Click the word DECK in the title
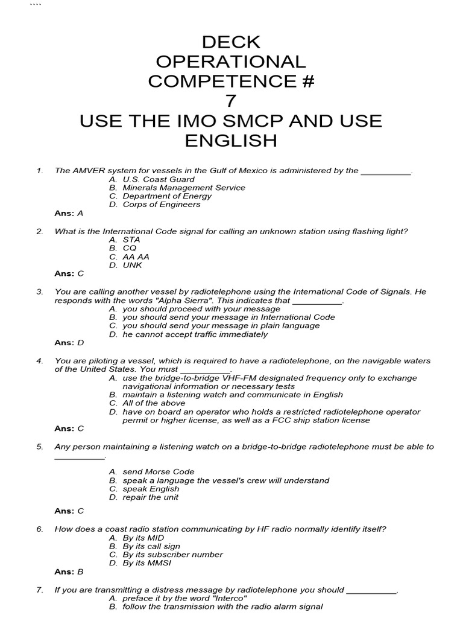click(x=231, y=42)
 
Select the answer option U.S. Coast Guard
click(x=158, y=179)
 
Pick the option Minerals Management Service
click(x=184, y=188)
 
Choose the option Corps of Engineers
click(x=161, y=205)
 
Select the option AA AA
click(x=136, y=256)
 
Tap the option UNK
click(x=132, y=265)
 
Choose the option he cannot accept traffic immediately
click(x=195, y=334)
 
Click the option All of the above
click(x=154, y=403)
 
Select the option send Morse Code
click(x=159, y=472)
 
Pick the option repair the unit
click(x=150, y=497)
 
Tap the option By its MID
click(x=143, y=538)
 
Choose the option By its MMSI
click(x=146, y=563)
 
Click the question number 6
click(x=40, y=529)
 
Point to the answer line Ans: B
click(x=69, y=572)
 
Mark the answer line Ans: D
click(x=69, y=343)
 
